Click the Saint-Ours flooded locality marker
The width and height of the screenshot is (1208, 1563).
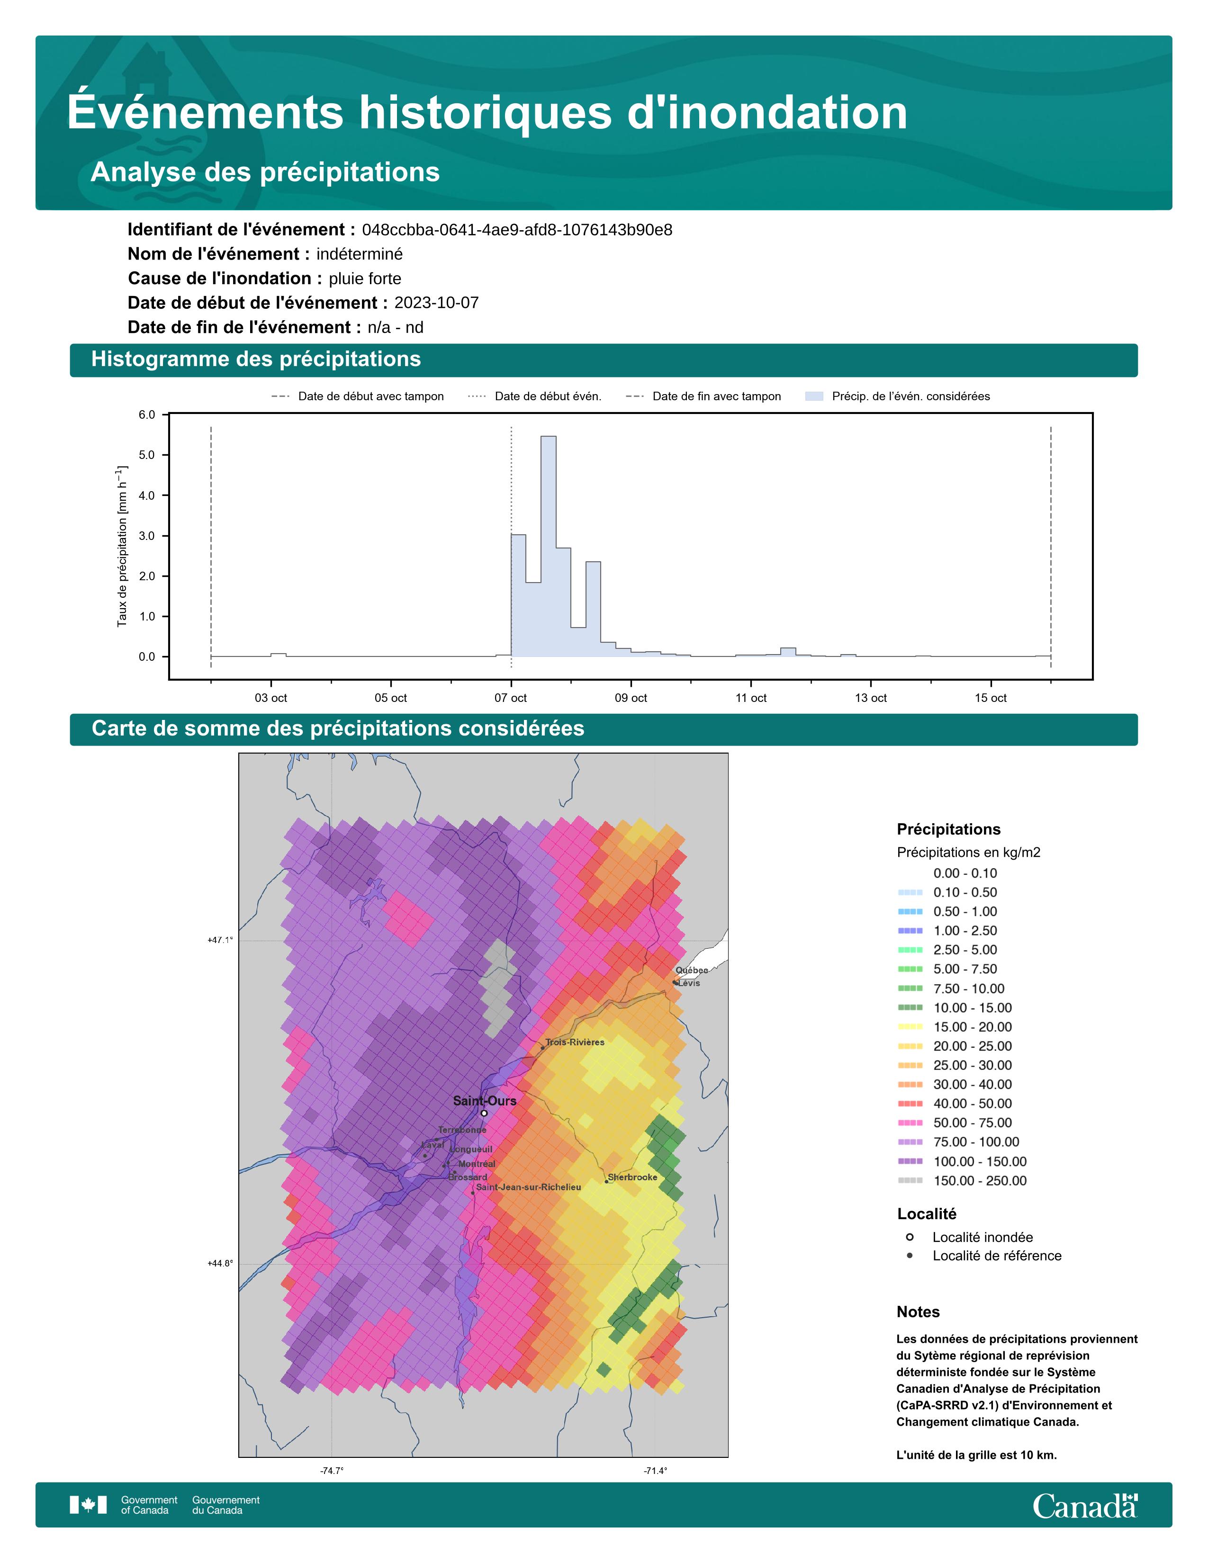[x=484, y=1113]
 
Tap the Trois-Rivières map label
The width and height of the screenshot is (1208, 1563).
[x=575, y=1042]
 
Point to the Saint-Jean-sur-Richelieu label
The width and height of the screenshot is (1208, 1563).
[x=528, y=1186]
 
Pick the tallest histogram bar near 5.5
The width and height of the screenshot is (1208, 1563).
[x=548, y=544]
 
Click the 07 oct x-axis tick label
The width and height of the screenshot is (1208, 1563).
[x=510, y=698]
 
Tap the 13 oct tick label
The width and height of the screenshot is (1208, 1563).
[x=870, y=698]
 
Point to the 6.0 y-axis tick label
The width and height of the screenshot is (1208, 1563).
[x=147, y=415]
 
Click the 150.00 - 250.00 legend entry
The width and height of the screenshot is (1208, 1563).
[x=979, y=1181]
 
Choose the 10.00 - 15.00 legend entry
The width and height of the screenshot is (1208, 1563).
[x=972, y=1007]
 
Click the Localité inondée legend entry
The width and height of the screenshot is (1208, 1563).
[x=982, y=1237]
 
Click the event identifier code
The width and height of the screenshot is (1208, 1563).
[x=517, y=230]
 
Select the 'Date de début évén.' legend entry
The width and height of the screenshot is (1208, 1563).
[x=548, y=396]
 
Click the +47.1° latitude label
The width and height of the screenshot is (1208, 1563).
[x=220, y=940]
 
